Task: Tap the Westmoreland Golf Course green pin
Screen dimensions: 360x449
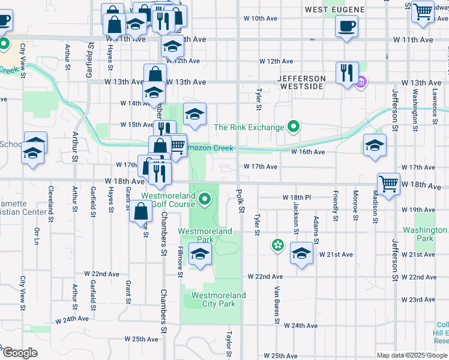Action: [x=205, y=199]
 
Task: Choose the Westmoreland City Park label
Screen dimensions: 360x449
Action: [x=218, y=299]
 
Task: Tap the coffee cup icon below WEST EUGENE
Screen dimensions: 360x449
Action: [x=347, y=26]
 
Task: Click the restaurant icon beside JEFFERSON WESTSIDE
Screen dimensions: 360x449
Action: [x=347, y=73]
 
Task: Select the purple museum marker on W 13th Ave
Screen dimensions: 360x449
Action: [x=361, y=82]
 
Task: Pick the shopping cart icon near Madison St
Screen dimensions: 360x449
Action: [x=388, y=183]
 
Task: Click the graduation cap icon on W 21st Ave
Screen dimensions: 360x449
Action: [x=301, y=253]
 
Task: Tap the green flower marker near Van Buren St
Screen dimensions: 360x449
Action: [x=277, y=245]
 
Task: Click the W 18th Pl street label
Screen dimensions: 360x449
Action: [x=297, y=197]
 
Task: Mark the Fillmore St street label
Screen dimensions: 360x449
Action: [x=179, y=262]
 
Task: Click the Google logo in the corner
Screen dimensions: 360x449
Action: [x=19, y=353]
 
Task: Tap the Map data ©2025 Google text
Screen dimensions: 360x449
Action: [x=412, y=355]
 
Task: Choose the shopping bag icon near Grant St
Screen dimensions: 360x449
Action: [x=140, y=212]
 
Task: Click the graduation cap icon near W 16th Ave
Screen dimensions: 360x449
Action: [x=375, y=145]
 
